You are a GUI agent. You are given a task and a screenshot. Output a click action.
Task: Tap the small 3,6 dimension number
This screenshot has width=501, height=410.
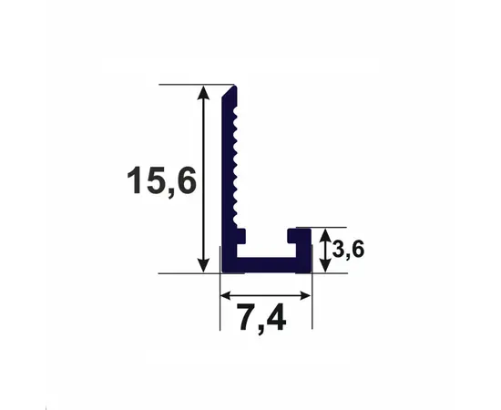coord(349,250)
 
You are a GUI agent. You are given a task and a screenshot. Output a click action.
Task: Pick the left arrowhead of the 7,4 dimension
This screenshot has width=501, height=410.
coord(227,294)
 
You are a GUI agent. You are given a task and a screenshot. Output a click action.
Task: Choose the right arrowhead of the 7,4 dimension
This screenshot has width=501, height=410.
coord(307,294)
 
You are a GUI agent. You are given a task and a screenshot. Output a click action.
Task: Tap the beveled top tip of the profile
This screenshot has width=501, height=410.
coord(231,91)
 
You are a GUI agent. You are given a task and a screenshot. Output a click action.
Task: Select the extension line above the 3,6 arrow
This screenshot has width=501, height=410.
coord(330,227)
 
